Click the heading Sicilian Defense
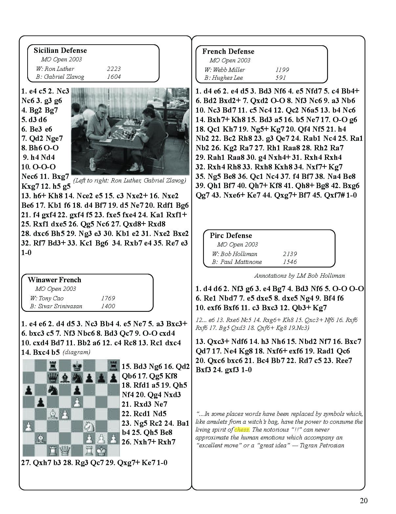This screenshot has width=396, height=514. coord(60,51)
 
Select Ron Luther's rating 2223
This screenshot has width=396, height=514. coord(114,69)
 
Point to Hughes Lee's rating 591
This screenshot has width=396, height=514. coord(280,78)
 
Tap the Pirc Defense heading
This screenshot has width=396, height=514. coord(231,236)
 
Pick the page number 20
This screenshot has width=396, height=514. coord(363,501)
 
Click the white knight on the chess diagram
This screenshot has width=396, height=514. coord(89,427)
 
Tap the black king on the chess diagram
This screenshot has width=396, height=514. coord(77,365)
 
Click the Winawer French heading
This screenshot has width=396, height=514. coord(54,280)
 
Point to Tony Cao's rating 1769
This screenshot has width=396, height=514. coord(108,298)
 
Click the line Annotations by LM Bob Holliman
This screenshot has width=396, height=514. coord(299,276)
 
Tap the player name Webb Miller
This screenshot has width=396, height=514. coord(229,70)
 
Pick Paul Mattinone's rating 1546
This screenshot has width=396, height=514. coord(290,262)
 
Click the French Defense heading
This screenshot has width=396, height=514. coord(228,52)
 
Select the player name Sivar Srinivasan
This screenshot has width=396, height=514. coord(60,306)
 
